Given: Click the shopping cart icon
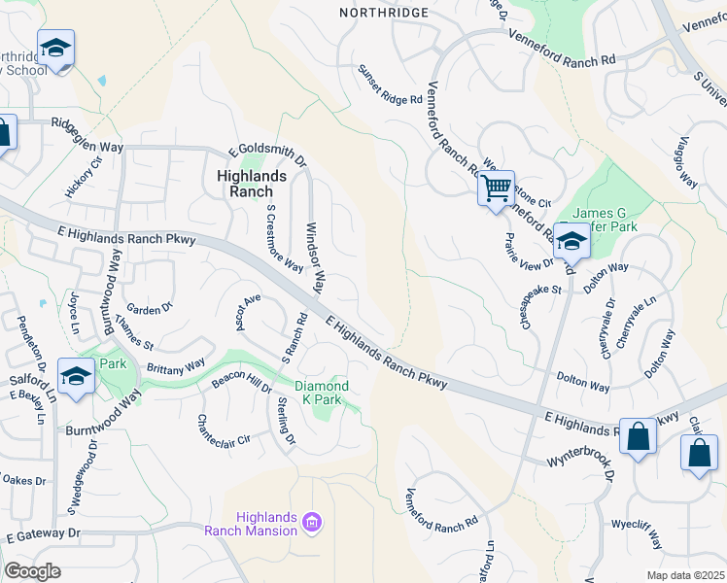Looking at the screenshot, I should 496,188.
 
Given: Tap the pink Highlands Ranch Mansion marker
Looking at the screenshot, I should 312,524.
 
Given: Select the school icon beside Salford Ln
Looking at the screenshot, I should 76,377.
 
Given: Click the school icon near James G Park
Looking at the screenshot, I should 572,243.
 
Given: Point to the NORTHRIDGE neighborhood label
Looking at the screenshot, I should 383,12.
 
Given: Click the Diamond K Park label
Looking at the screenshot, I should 322,393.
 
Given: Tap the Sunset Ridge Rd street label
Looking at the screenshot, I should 390,86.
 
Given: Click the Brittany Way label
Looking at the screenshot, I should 175,364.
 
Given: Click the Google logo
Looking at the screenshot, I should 32,571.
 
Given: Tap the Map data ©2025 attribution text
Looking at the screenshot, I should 685,575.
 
